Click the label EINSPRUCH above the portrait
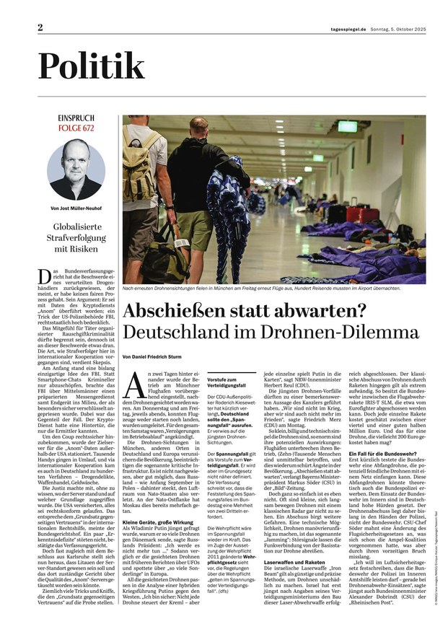[x=76, y=118]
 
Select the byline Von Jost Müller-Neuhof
[x=76, y=211]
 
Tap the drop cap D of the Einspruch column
[x=44, y=275]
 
